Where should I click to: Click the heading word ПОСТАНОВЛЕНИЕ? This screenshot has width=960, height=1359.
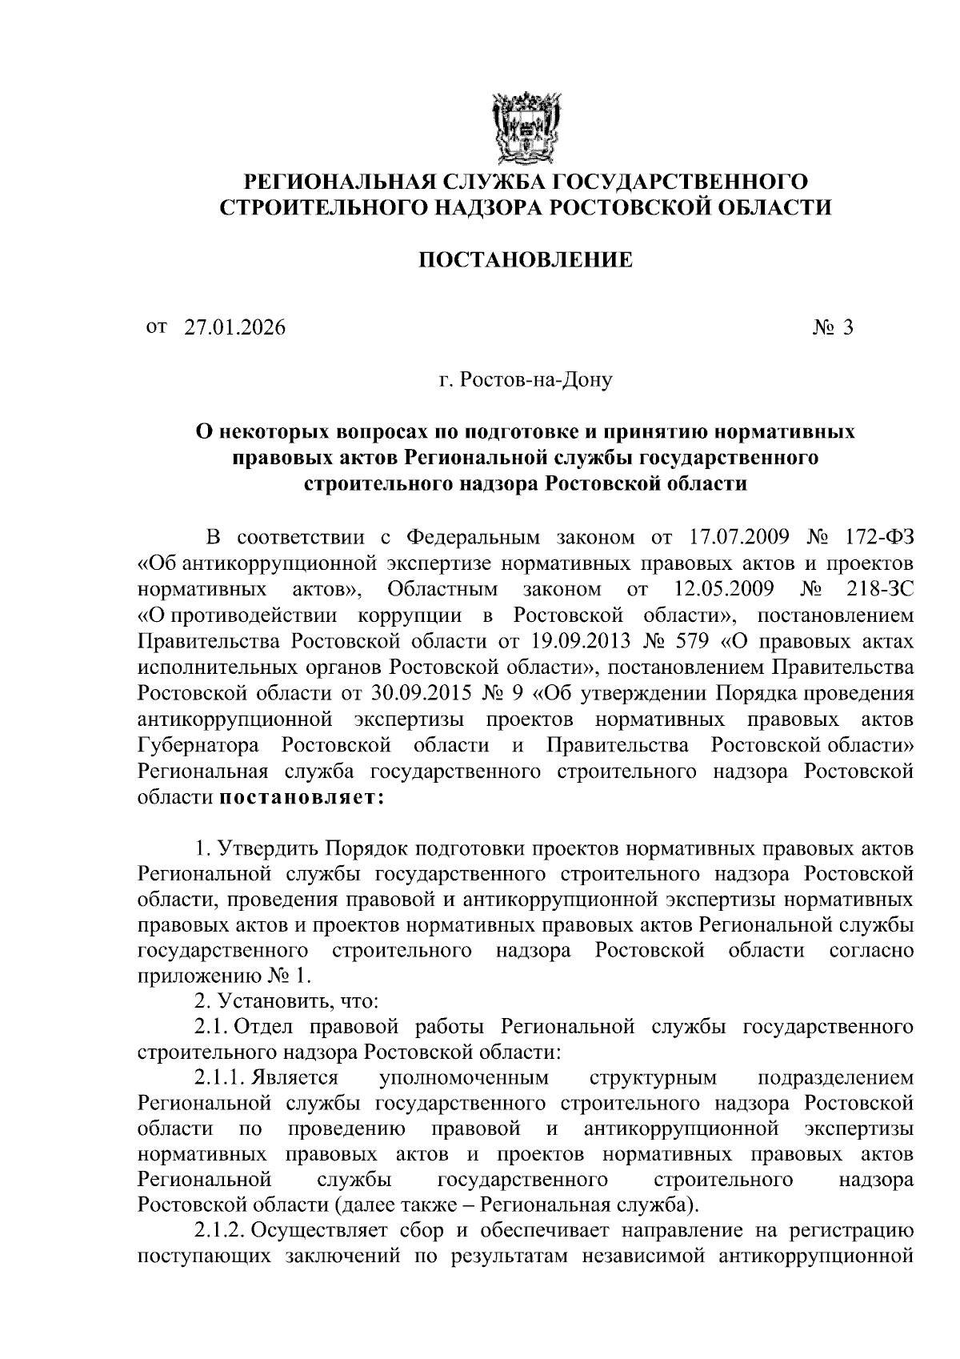tap(526, 260)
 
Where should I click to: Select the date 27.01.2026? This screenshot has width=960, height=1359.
tap(234, 327)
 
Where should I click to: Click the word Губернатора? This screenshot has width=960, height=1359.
tap(198, 745)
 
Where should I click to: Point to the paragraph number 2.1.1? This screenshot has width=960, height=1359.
tap(219, 1076)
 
